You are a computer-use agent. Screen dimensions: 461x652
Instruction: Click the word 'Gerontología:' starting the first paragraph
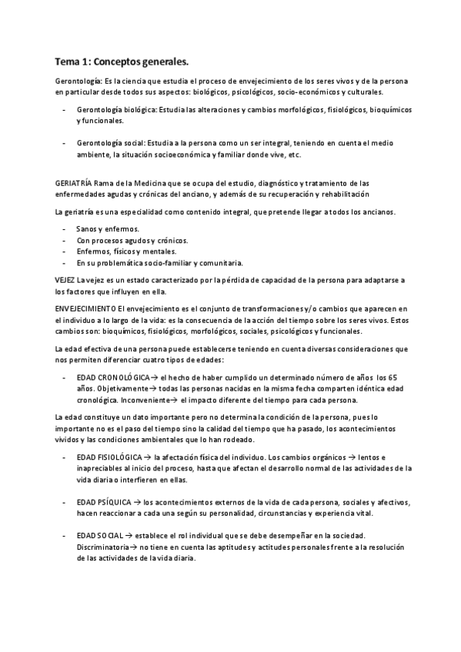[79, 81]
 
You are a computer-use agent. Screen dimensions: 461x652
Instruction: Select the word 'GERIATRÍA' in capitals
[73, 183]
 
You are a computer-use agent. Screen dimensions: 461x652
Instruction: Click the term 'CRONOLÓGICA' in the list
[123, 378]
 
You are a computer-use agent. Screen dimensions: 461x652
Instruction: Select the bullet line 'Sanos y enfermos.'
[108, 229]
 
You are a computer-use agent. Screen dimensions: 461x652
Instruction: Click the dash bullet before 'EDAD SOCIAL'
[62, 536]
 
